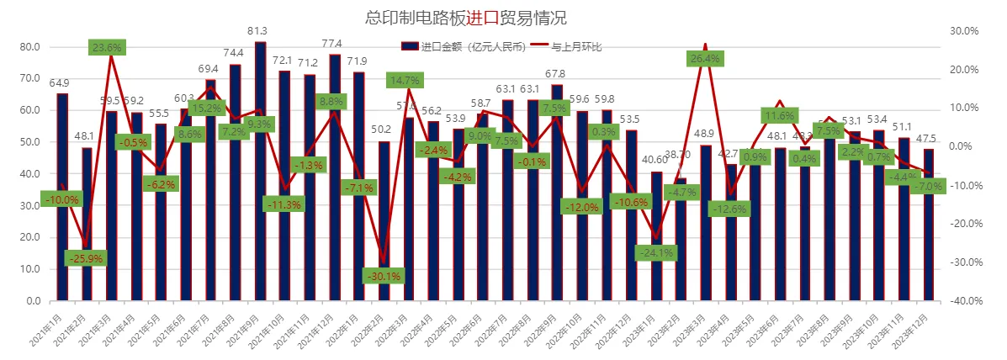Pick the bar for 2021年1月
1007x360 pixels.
click(62, 197)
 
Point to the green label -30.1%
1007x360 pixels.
click(384, 275)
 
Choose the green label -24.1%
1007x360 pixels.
click(656, 251)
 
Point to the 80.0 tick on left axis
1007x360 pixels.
click(29, 47)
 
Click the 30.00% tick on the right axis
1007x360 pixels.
click(964, 31)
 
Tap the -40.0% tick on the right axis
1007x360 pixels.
click(964, 300)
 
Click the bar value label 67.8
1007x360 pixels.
click(556, 74)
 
